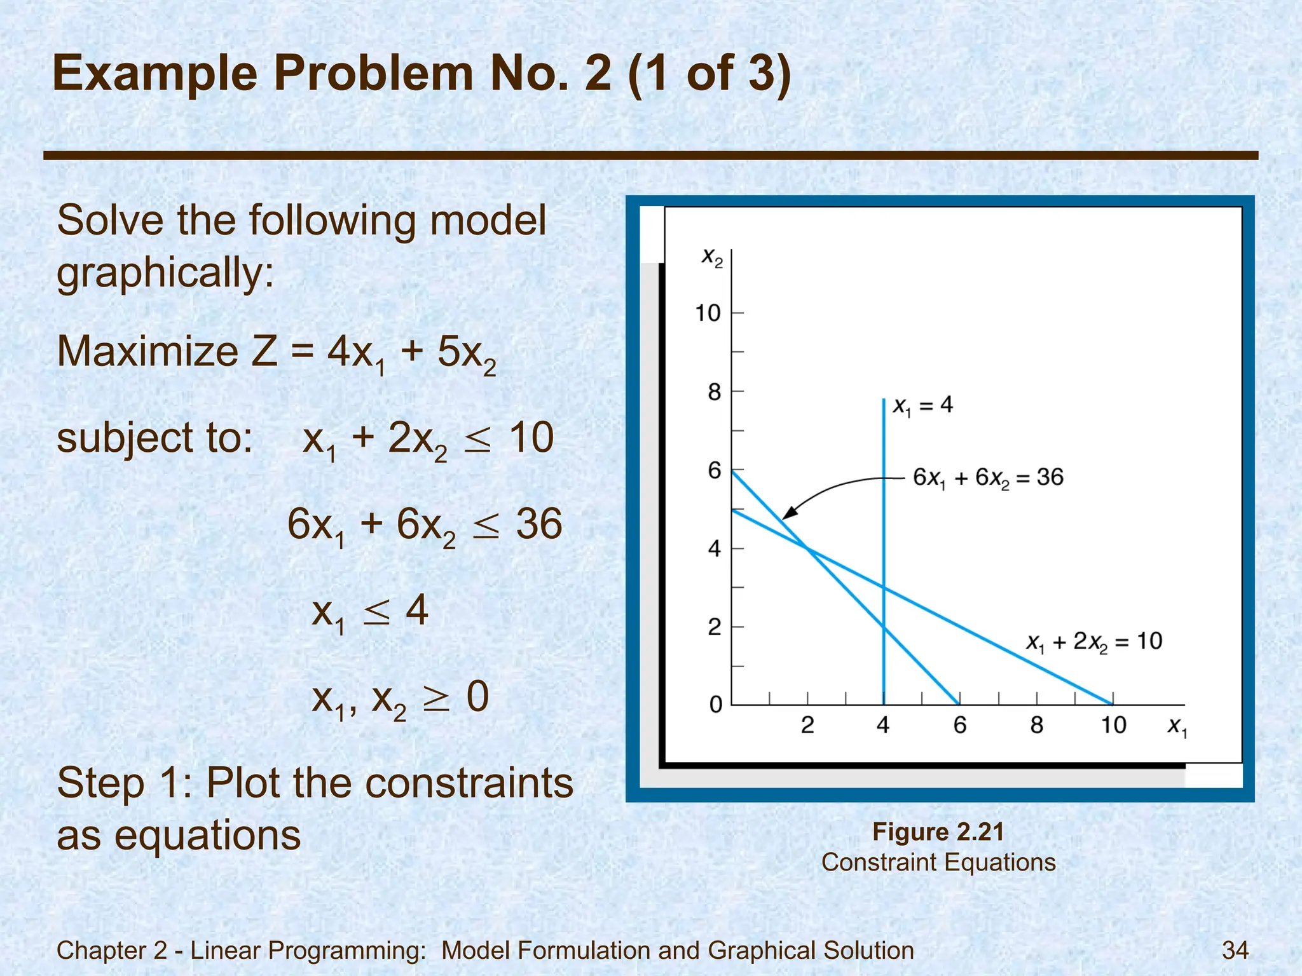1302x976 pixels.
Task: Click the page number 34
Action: pos(1235,950)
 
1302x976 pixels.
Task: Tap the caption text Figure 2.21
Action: pos(938,832)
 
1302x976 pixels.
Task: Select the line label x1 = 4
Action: pos(922,405)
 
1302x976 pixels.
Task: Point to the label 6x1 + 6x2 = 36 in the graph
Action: pos(988,477)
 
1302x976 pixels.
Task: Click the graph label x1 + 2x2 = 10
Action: pos(1094,641)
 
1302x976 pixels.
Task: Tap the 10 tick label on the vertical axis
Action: pos(708,313)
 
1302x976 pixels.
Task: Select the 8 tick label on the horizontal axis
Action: pos(1036,725)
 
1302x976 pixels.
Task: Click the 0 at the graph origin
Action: pos(716,705)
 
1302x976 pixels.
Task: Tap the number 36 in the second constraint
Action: pos(539,524)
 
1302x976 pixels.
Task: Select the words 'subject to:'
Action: pos(154,438)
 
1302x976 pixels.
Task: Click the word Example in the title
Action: pos(155,74)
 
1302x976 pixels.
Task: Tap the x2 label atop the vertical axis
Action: pos(712,257)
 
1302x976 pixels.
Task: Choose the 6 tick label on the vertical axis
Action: pos(715,470)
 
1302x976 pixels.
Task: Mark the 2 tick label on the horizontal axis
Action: pos(807,725)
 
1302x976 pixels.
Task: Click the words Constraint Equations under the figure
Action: pos(938,862)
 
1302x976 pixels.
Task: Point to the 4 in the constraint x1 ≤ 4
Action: pos(416,610)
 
